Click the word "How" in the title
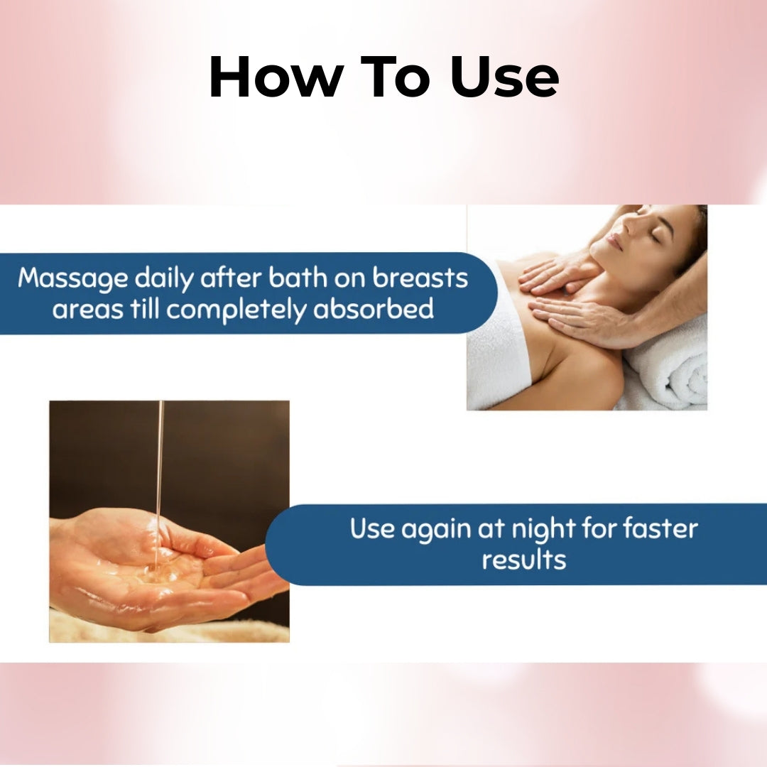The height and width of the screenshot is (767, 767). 276,77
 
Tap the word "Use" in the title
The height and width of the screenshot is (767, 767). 504,77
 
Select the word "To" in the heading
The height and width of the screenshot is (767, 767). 396,77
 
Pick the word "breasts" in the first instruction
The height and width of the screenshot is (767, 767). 420,278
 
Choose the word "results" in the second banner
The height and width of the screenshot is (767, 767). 524,560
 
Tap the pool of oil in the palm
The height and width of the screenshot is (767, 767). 161,567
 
